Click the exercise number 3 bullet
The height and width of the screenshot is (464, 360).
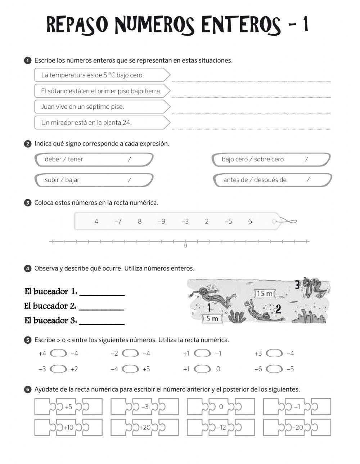28,203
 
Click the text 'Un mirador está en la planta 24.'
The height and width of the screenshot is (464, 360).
86,122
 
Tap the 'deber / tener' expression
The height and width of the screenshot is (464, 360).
64,159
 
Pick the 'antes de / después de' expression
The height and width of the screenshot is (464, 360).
255,180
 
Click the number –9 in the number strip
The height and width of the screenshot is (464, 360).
162,221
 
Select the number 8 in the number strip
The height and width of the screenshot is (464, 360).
140,221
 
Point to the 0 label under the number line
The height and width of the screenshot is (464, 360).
185,246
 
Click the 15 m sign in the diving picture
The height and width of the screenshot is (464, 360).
265,294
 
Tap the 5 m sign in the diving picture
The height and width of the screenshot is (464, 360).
212,318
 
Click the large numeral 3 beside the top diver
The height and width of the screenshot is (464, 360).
297,285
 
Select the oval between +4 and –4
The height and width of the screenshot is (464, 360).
58,353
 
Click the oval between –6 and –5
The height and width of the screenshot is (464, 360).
274,369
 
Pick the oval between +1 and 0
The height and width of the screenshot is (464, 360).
202,369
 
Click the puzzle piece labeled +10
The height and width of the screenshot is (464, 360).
68,428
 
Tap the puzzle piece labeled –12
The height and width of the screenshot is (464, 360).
221,428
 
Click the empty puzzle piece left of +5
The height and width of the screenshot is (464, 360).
45,407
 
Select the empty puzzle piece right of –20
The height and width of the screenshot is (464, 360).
321,428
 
